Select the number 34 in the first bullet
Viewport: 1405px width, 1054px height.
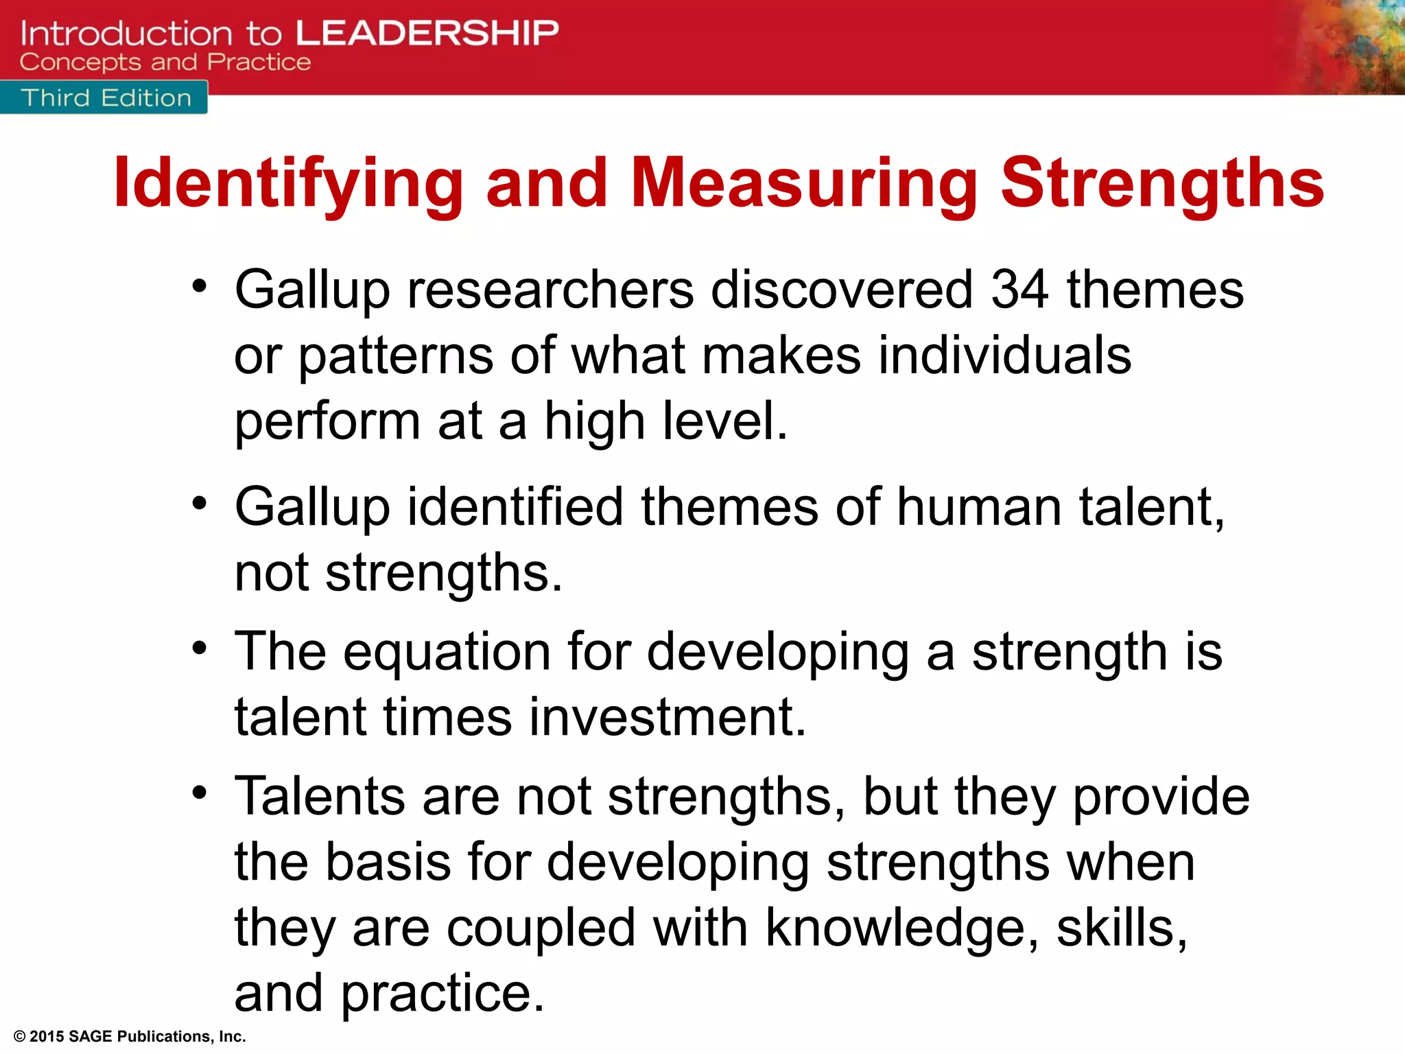(x=1019, y=290)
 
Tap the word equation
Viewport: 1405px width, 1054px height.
(x=447, y=652)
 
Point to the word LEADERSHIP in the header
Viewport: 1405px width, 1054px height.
(x=427, y=33)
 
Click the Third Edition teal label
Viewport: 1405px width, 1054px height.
(x=105, y=98)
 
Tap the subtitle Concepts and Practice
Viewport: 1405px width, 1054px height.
(x=165, y=62)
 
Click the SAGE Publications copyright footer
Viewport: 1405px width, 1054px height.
(x=130, y=1036)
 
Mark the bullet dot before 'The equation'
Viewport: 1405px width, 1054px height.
(x=199, y=648)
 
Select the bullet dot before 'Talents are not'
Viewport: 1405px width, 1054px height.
(x=199, y=793)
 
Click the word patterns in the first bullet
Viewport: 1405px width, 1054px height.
(x=396, y=355)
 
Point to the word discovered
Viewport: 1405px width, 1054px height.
(x=842, y=290)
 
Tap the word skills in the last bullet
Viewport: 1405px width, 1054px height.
(x=1121, y=928)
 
